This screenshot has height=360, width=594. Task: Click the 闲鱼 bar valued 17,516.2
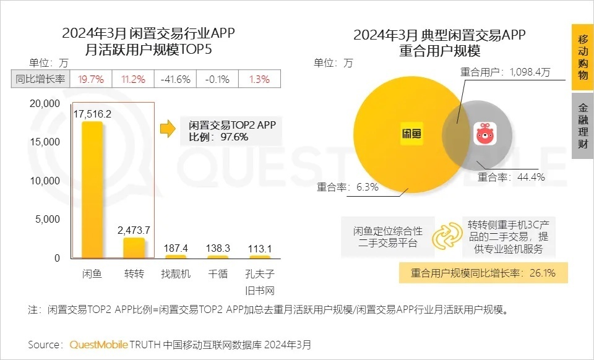point(92,189)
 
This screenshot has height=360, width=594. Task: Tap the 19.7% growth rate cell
point(90,79)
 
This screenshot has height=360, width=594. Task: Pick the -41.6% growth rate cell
point(174,79)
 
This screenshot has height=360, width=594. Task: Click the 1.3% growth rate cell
point(259,79)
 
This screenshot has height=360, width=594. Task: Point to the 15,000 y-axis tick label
point(45,142)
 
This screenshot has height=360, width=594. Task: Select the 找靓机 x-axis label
point(176,273)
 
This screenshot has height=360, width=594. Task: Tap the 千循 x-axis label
point(218,273)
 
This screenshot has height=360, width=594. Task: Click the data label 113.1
point(259,248)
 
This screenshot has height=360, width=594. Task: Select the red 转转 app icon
point(486,134)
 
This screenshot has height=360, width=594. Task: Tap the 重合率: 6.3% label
point(348,187)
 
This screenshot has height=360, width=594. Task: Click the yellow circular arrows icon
point(445,236)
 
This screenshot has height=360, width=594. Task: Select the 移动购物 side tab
point(582,57)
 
